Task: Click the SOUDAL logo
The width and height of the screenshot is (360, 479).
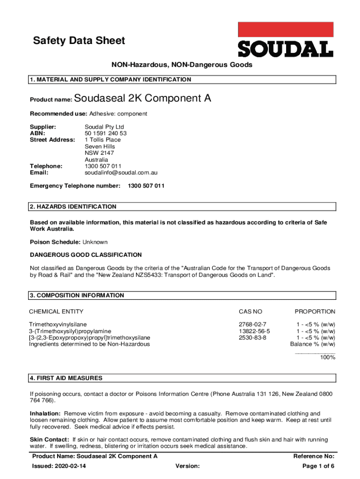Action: (x=286, y=40)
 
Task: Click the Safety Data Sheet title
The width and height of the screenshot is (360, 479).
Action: (x=79, y=41)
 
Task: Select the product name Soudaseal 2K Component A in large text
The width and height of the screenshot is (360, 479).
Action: (x=143, y=99)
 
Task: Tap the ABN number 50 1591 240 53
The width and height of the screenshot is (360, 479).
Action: (x=106, y=133)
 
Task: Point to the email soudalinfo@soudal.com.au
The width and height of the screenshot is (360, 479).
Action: (x=121, y=173)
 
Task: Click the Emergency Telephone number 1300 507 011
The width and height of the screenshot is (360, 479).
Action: (x=146, y=186)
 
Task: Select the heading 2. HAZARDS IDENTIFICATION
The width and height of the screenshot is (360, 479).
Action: (x=73, y=207)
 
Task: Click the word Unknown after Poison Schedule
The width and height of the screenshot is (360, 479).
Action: (x=95, y=242)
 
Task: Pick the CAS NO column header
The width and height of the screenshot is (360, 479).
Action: (x=251, y=312)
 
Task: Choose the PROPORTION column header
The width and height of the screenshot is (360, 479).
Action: (x=315, y=312)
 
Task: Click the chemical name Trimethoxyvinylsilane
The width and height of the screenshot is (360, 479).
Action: (x=58, y=324)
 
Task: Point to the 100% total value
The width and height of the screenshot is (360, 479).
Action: (x=327, y=357)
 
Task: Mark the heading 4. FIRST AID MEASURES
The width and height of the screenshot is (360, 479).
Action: (x=66, y=378)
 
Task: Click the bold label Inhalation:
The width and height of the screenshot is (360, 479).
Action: (x=45, y=414)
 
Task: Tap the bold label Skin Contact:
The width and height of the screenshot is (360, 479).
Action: (x=50, y=440)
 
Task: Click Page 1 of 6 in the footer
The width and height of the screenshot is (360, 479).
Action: (x=318, y=466)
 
